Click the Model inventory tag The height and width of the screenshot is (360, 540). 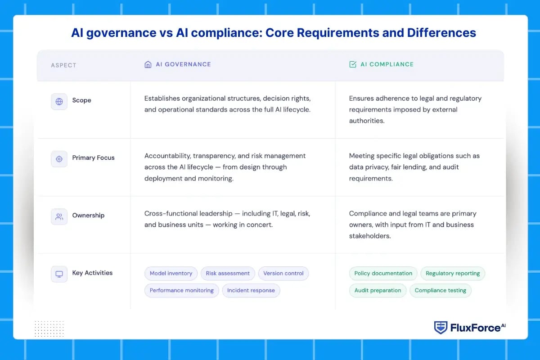pos(171,274)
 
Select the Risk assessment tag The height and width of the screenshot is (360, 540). pos(228,274)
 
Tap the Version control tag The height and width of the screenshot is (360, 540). pos(283,274)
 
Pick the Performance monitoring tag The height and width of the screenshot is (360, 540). pos(182,291)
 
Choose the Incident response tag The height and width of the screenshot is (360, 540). pos(251,291)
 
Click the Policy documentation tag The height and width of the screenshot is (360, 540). pos(383,274)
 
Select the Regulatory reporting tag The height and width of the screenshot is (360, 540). pos(453,274)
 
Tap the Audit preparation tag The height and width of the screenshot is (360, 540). pos(378,291)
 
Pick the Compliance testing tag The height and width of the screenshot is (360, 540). pos(441,291)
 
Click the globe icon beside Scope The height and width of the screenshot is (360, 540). pos(59,101)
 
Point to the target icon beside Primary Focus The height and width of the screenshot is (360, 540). pos(59,159)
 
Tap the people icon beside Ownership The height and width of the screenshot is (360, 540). pos(59,216)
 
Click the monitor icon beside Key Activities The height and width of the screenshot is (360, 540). pos(59,274)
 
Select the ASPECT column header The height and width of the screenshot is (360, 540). pos(63,65)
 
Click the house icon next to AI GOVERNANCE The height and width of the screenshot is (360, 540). pos(148,64)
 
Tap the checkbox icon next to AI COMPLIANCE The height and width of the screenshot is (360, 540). pos(353,64)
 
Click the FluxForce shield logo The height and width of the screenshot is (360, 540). pos(441,328)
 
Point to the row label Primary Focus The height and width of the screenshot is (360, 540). pos(93,158)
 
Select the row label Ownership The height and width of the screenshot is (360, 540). pos(88,216)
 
